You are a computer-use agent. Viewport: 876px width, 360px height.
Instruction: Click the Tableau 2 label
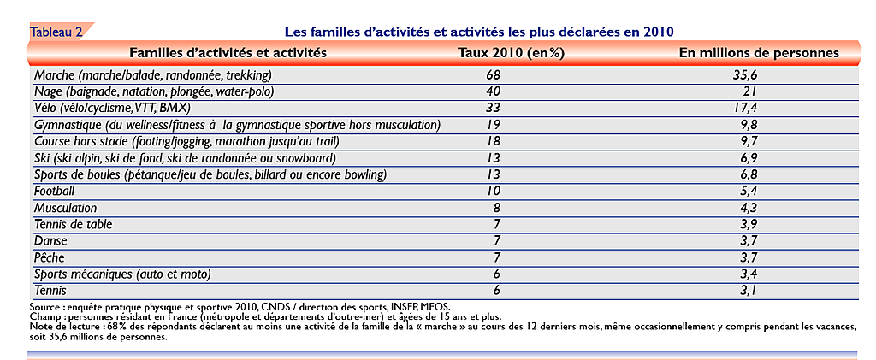click(x=56, y=32)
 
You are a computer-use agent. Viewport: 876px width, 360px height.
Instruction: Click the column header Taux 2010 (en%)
click(x=512, y=53)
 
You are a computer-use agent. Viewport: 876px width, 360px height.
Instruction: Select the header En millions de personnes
click(x=759, y=53)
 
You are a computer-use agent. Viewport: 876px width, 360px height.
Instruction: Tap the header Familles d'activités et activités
click(x=228, y=53)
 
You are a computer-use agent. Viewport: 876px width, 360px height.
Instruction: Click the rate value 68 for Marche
click(x=494, y=74)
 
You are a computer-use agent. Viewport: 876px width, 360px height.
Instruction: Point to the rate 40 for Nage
click(x=494, y=91)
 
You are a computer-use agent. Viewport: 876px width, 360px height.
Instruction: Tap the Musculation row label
click(x=65, y=208)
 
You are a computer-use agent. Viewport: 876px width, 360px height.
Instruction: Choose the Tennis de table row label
click(x=74, y=224)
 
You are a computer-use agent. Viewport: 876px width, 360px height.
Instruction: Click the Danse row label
click(x=50, y=240)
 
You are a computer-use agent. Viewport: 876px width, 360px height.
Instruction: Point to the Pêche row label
click(x=49, y=257)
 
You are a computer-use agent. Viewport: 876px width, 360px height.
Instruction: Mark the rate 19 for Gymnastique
click(x=494, y=124)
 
